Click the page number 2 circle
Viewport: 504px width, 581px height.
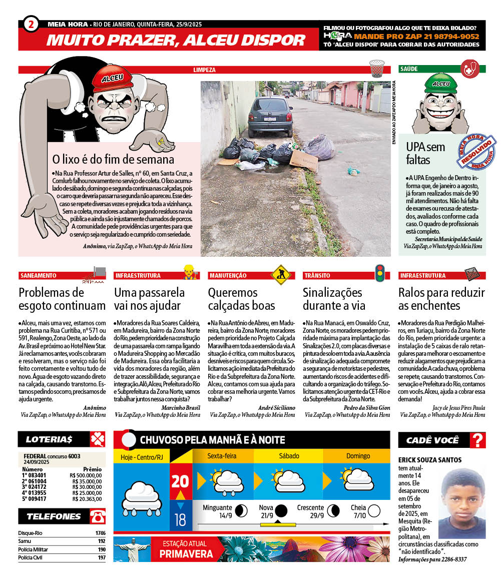[31, 25]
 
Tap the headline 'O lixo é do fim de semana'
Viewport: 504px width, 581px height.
[114, 160]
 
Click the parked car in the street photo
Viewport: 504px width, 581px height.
[270, 117]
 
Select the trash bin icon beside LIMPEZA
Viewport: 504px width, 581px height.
[376, 69]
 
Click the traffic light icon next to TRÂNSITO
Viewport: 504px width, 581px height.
[380, 273]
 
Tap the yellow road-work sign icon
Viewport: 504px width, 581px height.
[280, 274]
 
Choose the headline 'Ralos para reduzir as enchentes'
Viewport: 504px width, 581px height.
[441, 299]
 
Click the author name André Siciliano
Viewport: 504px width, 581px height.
[276, 408]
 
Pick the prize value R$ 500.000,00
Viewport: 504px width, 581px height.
[87, 475]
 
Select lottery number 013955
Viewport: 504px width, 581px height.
[37, 492]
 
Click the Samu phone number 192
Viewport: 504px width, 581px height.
[102, 541]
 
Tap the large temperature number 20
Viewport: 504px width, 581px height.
[180, 481]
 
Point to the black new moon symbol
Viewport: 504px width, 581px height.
[281, 511]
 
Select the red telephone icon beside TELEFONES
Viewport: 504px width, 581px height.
[97, 516]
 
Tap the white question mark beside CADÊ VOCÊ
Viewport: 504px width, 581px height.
[478, 440]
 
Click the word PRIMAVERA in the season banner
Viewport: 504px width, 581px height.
[186, 553]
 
